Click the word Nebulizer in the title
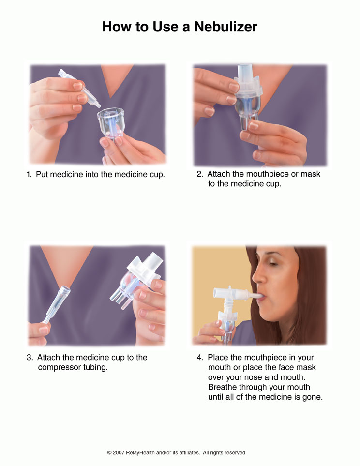point(225,27)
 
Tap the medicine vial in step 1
point(78,87)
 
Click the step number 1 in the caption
point(29,175)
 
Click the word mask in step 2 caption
point(310,174)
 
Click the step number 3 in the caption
point(29,358)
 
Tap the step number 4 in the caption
point(199,358)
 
